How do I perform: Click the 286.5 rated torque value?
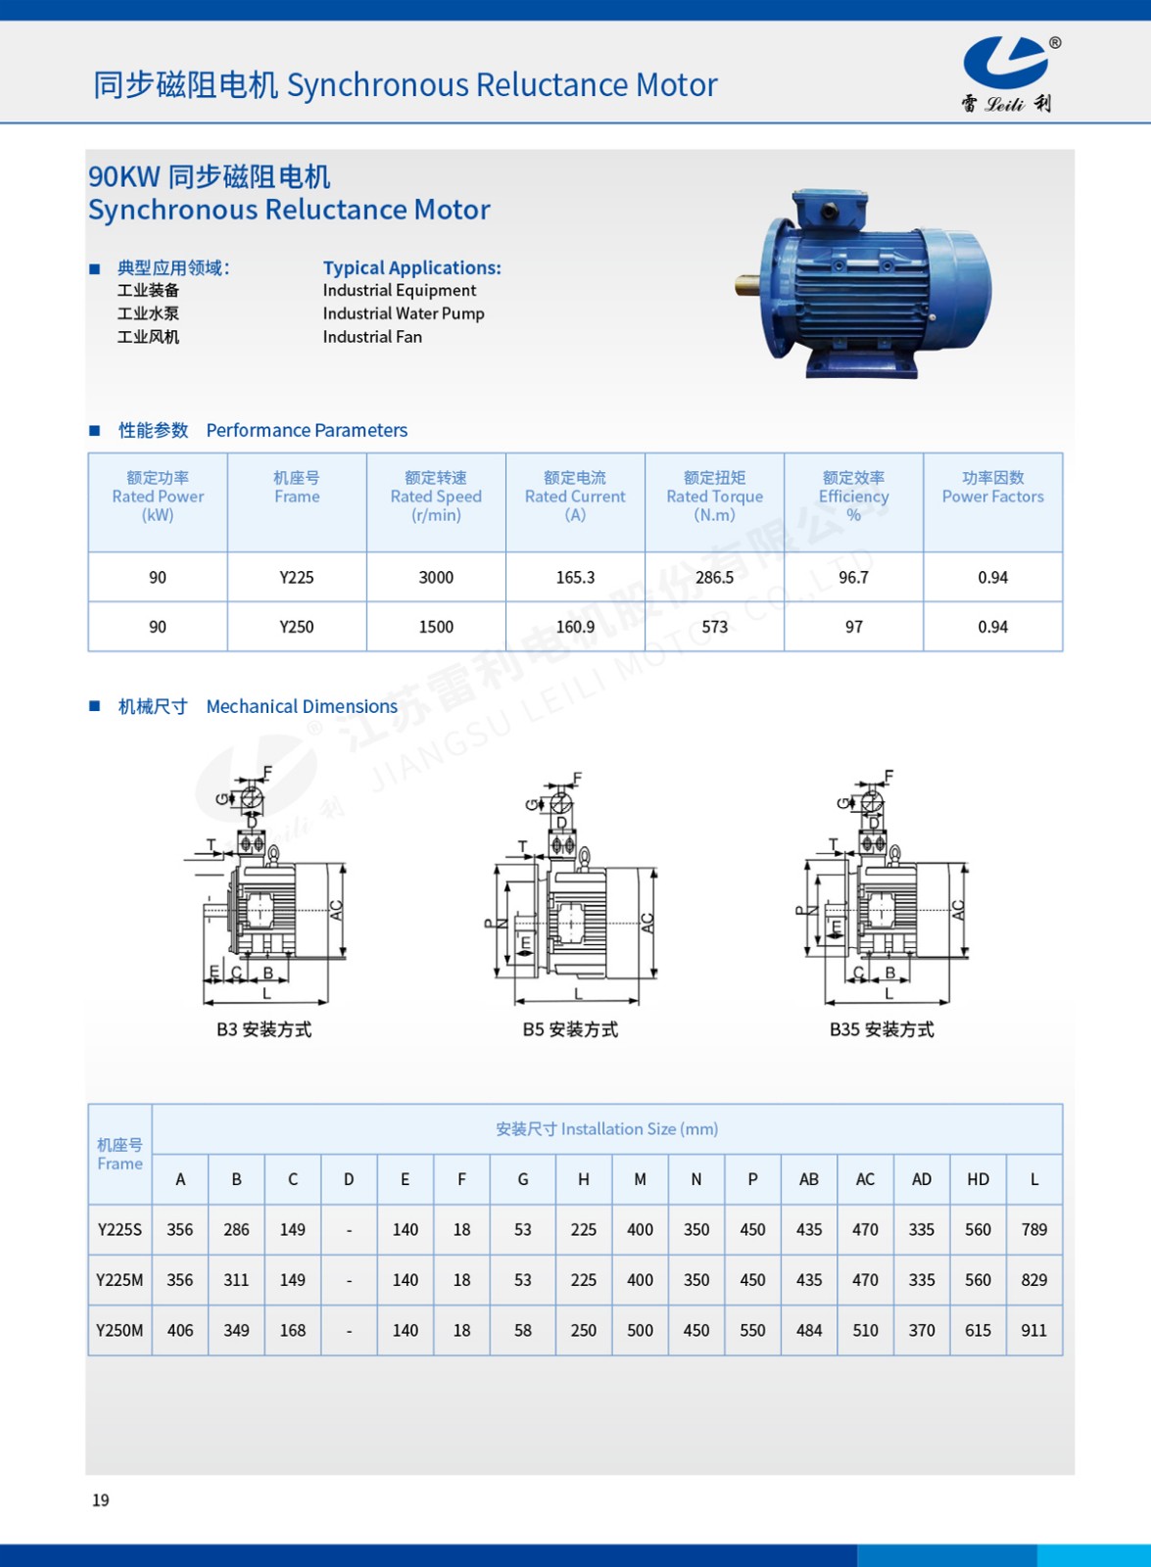tap(714, 578)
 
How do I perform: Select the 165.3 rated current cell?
tap(575, 578)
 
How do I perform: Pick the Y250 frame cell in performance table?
tap(296, 627)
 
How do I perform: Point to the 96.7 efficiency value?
tap(853, 578)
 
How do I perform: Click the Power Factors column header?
tap(992, 488)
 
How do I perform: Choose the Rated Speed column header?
tap(436, 496)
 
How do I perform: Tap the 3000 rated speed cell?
tap(436, 578)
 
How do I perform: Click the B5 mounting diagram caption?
tap(570, 1029)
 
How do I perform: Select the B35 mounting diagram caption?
tap(882, 1029)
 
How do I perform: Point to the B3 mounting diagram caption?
tap(264, 1029)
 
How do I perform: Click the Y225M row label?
tap(120, 1280)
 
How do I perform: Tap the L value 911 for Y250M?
tap(1033, 1331)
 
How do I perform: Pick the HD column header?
tap(978, 1179)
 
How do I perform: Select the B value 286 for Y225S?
tap(236, 1230)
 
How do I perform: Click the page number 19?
tap(101, 1500)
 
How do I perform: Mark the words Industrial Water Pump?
tap(404, 313)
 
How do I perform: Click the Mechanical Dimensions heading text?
tap(302, 706)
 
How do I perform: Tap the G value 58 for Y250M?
tap(523, 1331)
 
